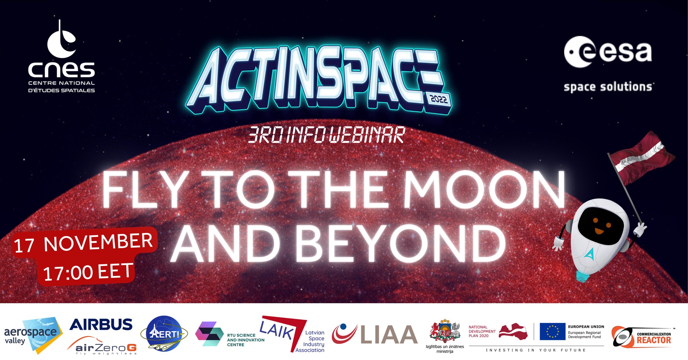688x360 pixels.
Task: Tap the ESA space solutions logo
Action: (608, 64)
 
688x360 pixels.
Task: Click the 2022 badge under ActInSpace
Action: (439, 99)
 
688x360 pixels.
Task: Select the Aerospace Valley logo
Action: (33, 335)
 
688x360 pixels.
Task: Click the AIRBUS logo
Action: (101, 325)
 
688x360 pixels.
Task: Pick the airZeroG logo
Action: (102, 346)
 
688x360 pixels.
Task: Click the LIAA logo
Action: (375, 334)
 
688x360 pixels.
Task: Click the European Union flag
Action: (552, 331)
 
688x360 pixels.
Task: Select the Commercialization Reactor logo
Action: (642, 337)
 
